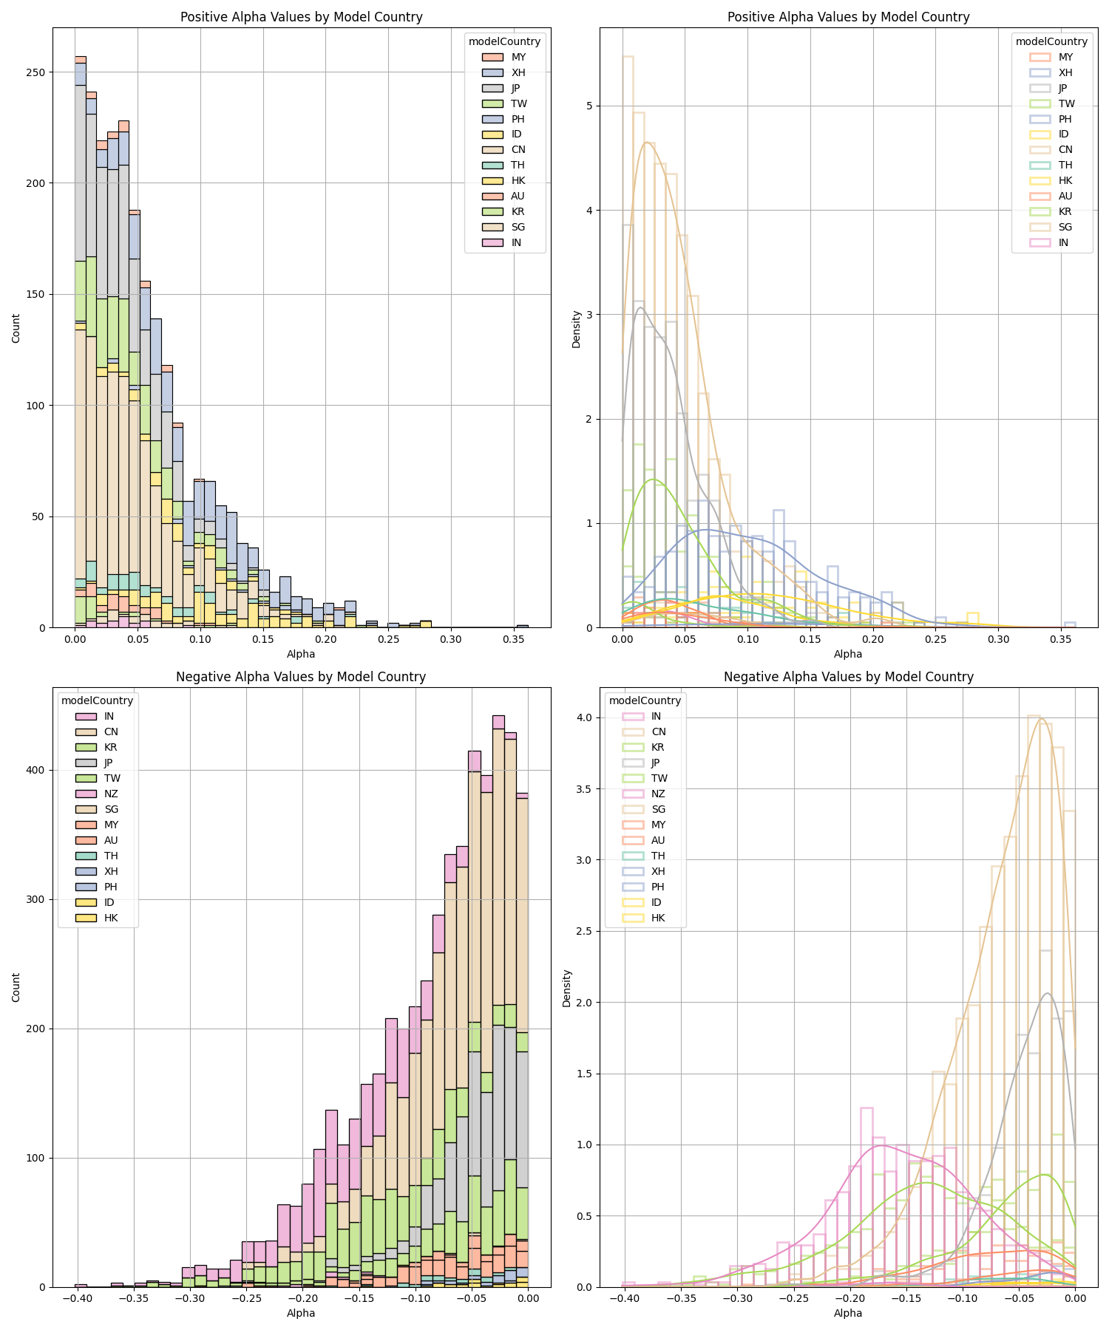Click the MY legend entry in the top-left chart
[518, 57]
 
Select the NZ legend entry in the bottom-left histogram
[111, 794]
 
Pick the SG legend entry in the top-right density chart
[1065, 227]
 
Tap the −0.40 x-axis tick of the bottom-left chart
[77, 1298]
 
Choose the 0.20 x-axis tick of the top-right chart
[873, 639]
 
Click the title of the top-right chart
[848, 17]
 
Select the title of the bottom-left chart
[301, 676]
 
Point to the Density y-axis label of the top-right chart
[577, 329]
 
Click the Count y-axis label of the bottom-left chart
[16, 987]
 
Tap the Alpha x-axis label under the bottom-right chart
[848, 1313]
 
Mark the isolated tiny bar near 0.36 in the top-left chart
[522, 626]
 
